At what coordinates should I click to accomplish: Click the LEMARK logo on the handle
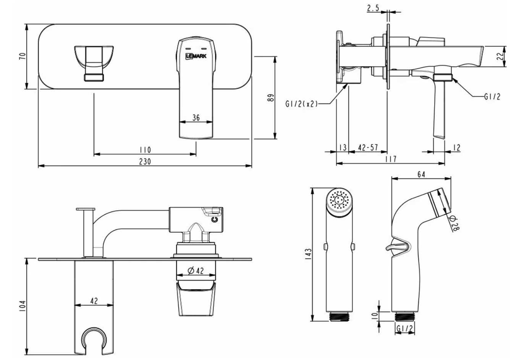click(x=196, y=56)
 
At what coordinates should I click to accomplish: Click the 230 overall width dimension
click(x=145, y=162)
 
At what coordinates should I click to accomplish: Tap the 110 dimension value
click(x=146, y=150)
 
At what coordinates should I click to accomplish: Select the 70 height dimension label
click(x=23, y=56)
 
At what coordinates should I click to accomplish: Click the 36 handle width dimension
click(x=196, y=118)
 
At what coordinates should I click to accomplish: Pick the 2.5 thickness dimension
click(x=373, y=8)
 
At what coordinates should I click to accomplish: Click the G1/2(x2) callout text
click(x=301, y=104)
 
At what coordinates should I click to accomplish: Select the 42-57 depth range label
click(x=368, y=148)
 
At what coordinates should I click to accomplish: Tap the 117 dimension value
click(x=391, y=159)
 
